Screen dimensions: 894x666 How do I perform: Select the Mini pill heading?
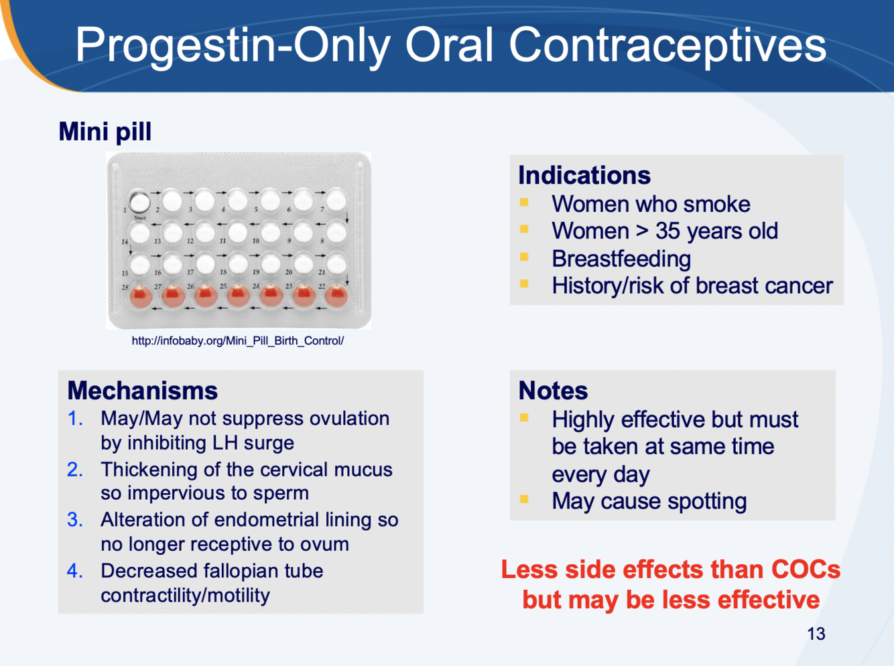[x=105, y=132]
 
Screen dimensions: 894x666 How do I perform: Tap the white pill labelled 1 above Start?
[x=139, y=201]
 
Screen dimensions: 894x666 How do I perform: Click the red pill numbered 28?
[x=141, y=296]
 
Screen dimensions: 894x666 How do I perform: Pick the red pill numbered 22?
[x=336, y=296]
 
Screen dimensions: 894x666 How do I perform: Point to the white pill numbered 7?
[x=336, y=200]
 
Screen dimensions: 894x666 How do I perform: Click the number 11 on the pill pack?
[x=222, y=241]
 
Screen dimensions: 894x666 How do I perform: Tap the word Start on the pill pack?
[x=140, y=218]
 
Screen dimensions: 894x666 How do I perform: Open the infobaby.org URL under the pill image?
[x=238, y=341]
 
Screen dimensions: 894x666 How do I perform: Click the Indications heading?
[x=584, y=176]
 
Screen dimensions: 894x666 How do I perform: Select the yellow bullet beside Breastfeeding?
[x=524, y=257]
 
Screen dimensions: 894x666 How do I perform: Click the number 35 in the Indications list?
[x=668, y=231]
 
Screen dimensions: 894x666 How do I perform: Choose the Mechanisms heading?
[x=143, y=391]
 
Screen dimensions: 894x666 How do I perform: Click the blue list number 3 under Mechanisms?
[x=75, y=520]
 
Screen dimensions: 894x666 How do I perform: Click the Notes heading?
[x=553, y=391]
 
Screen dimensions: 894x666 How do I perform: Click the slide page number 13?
[x=816, y=634]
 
